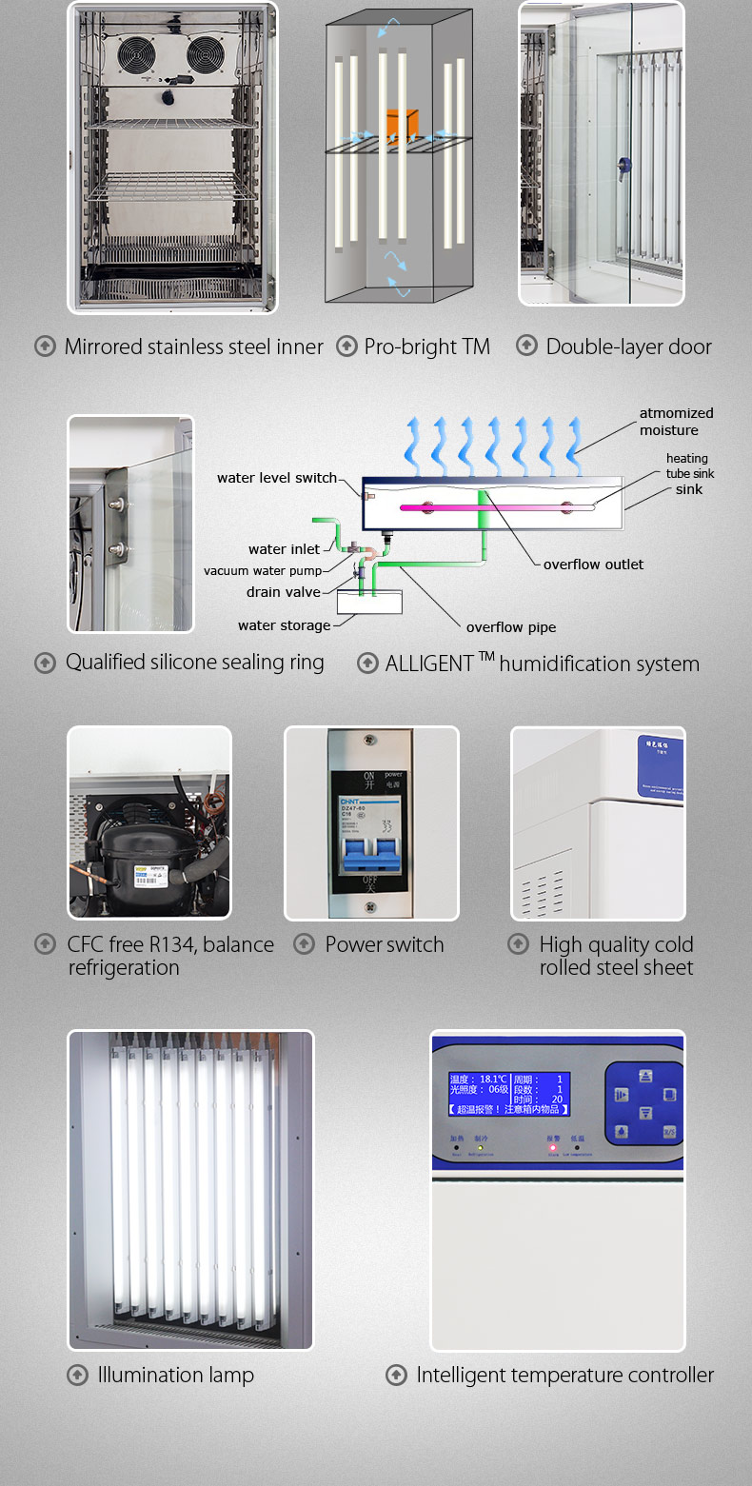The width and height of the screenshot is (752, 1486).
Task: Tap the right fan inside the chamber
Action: coord(207,55)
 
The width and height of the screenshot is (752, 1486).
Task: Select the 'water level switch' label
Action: coord(277,478)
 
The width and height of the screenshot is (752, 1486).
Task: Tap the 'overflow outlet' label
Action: coord(593,565)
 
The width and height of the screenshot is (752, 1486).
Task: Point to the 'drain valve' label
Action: coord(284,592)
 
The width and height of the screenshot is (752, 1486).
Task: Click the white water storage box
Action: coord(369,602)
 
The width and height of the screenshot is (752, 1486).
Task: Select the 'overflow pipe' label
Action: coord(510,627)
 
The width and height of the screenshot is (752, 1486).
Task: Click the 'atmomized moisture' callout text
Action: coord(676,422)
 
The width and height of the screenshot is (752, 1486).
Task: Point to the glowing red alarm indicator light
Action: coord(553,1148)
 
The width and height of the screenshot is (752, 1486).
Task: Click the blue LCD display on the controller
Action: coord(509,1094)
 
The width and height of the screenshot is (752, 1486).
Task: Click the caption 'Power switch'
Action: coord(385,944)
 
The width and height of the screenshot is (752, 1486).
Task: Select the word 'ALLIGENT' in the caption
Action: coord(429,664)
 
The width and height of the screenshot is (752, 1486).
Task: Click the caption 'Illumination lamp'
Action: coord(175,1375)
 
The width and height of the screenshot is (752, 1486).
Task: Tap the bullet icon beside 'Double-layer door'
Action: coord(526,346)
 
